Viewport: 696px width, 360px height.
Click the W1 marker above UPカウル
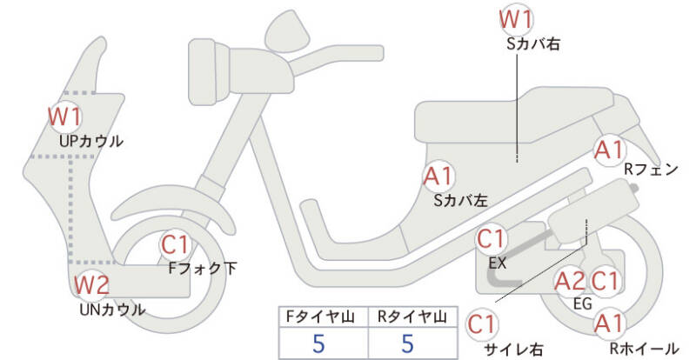[64, 116]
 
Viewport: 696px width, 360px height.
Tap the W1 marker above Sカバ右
[516, 19]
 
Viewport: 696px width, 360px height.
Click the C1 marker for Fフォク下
[178, 246]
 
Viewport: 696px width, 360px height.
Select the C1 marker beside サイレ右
[482, 324]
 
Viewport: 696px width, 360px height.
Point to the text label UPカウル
[90, 140]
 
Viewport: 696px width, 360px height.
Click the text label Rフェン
[650, 171]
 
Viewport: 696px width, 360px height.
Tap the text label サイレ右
[513, 350]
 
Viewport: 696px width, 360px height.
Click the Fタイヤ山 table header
[318, 316]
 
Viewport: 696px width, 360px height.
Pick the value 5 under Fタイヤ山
[318, 343]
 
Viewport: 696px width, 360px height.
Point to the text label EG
[583, 303]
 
